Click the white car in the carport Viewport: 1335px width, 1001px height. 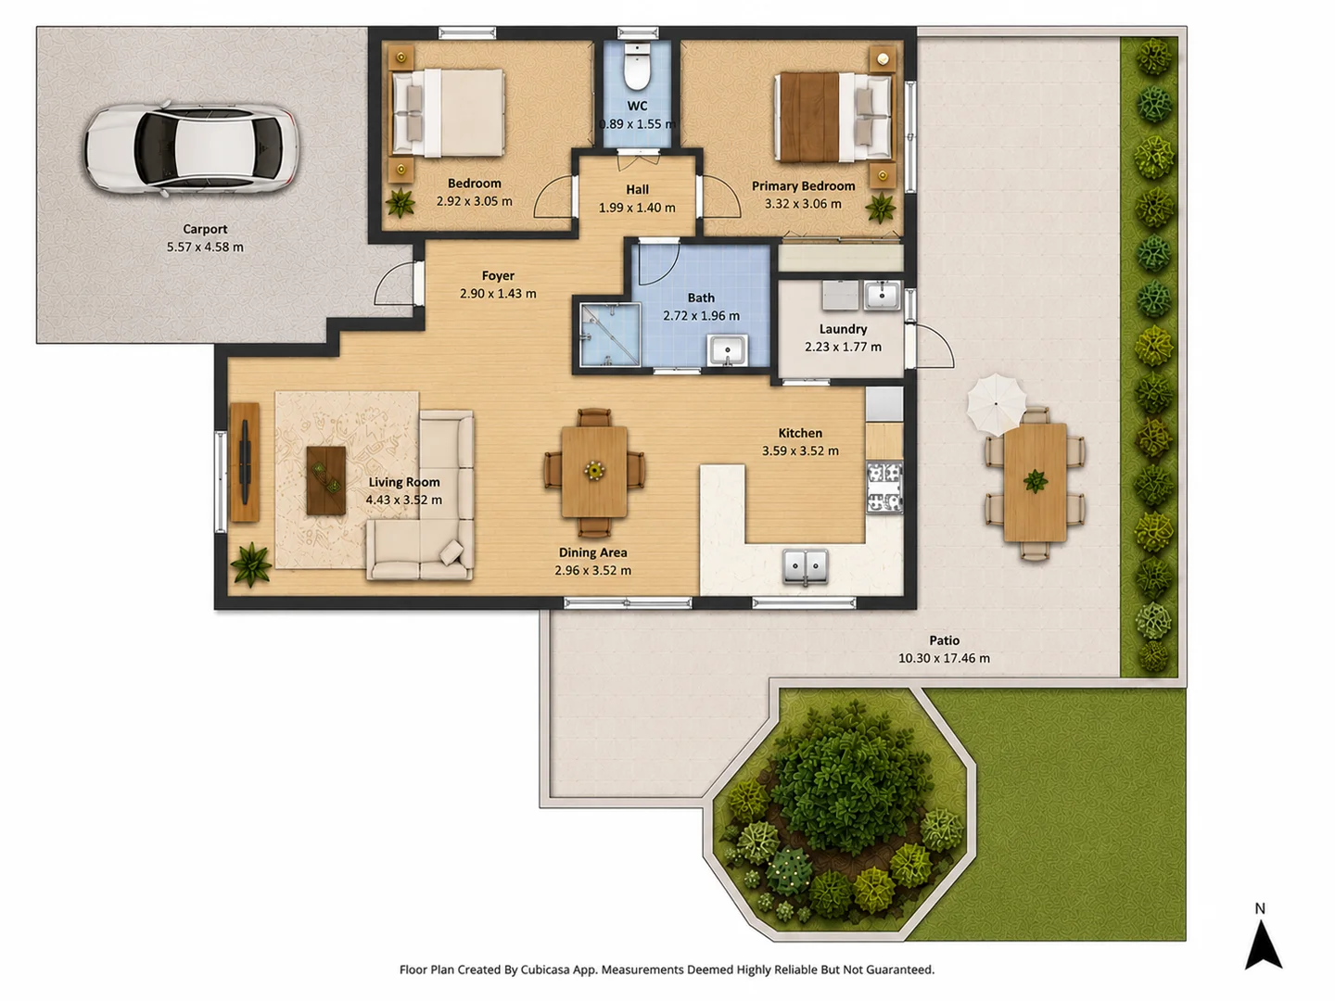(191, 148)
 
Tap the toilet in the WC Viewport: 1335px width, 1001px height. (637, 67)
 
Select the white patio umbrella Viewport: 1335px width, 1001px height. (996, 403)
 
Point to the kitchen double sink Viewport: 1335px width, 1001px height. (805, 567)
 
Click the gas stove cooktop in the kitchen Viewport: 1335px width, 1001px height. (884, 487)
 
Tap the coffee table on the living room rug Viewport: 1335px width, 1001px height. (326, 480)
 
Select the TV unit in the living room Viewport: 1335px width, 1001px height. (245, 462)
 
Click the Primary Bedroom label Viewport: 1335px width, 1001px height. (803, 186)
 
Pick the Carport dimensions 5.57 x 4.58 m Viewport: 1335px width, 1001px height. (205, 247)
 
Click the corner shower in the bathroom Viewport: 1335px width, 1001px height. (610, 335)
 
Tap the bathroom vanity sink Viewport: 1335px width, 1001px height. (727, 350)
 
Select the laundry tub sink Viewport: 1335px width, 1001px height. (882, 296)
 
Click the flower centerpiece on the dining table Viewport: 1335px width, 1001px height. (593, 470)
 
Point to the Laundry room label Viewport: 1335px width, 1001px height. (843, 329)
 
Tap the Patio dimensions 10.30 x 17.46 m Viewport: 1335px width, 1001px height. (944, 658)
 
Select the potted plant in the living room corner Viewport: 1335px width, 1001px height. (251, 564)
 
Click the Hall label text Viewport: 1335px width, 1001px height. (638, 190)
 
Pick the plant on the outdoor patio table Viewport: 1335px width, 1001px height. (1036, 481)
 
